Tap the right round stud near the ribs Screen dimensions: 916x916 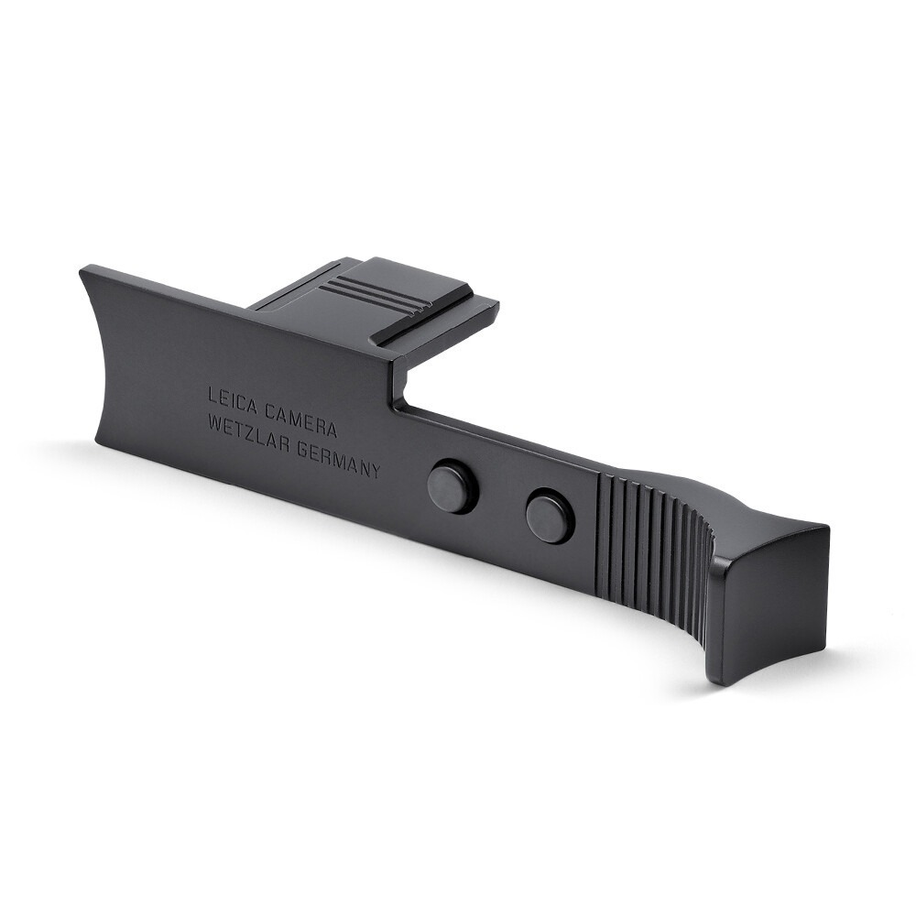(550, 516)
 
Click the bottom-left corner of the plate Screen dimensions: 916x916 (97, 442)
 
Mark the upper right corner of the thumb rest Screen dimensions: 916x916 (827, 528)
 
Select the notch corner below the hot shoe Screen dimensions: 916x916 (400, 406)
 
